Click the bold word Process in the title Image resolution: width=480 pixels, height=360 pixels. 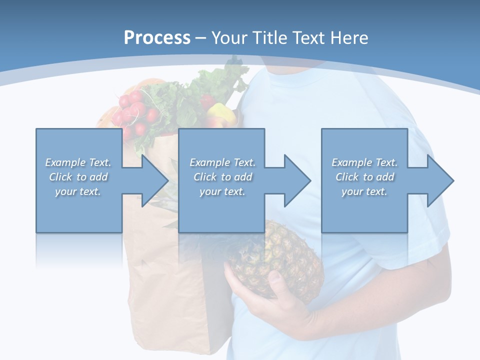pyautogui.click(x=157, y=38)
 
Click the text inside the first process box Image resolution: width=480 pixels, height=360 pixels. pyautogui.click(x=78, y=177)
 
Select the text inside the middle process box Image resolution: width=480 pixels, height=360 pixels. pyautogui.click(x=222, y=177)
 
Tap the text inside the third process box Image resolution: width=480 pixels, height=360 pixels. pyautogui.click(x=364, y=177)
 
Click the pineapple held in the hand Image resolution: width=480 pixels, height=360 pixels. pyautogui.click(x=280, y=255)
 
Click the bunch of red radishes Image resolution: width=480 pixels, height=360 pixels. pyautogui.click(x=131, y=112)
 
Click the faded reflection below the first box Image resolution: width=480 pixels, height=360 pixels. pyautogui.click(x=78, y=250)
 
